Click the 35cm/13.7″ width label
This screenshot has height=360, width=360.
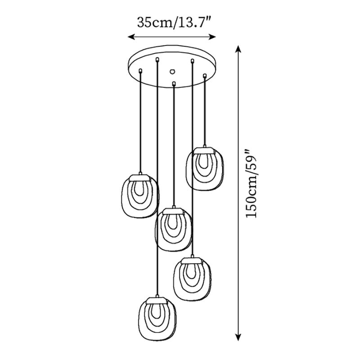click(173, 22)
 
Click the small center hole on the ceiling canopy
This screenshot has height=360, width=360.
click(172, 71)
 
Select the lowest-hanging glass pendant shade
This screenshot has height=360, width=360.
click(155, 317)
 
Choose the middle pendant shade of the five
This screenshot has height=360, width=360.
click(174, 229)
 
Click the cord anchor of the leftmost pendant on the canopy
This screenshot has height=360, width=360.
click(141, 70)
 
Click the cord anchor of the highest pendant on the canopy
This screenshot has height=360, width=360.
click(204, 76)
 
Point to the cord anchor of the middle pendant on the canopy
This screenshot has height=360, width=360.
click(174, 83)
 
